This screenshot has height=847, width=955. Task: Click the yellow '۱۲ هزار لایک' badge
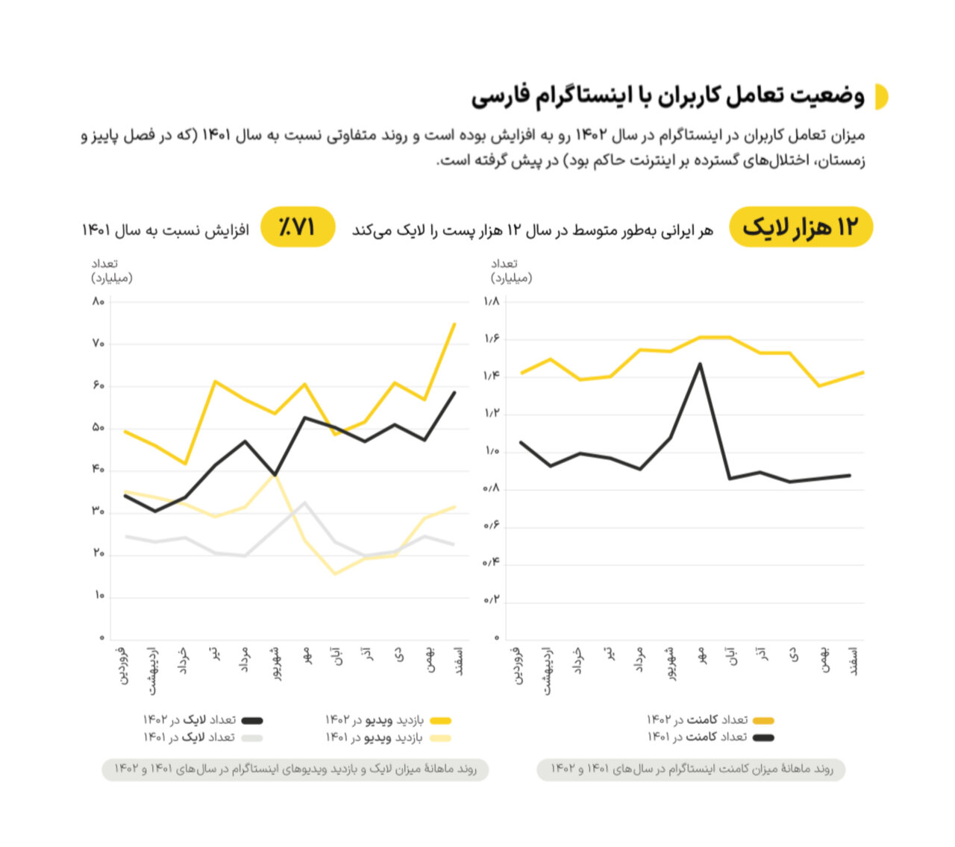pyautogui.click(x=800, y=227)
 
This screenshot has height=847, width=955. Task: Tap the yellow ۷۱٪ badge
pyautogui.click(x=297, y=227)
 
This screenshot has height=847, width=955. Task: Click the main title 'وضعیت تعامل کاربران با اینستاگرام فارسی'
pyautogui.click(x=668, y=96)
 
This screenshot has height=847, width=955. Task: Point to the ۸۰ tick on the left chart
pyautogui.click(x=98, y=301)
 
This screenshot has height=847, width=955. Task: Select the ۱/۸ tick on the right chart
pyautogui.click(x=492, y=301)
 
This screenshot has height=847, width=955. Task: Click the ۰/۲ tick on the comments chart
pyautogui.click(x=492, y=600)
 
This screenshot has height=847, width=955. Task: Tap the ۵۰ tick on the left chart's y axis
pyautogui.click(x=98, y=427)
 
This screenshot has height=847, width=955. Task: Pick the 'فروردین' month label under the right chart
pyautogui.click(x=519, y=665)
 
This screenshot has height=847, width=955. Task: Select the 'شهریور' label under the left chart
pyautogui.click(x=276, y=663)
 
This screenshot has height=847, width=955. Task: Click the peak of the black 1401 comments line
pyautogui.click(x=700, y=364)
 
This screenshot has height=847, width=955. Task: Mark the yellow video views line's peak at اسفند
pyautogui.click(x=454, y=324)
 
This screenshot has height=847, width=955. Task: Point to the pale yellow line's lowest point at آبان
pyautogui.click(x=335, y=573)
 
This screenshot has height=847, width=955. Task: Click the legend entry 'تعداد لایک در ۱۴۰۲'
pyautogui.click(x=202, y=720)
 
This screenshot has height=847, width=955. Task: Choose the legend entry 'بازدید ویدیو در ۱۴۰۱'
pyautogui.click(x=387, y=738)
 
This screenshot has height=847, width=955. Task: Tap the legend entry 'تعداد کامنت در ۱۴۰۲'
pyautogui.click(x=710, y=720)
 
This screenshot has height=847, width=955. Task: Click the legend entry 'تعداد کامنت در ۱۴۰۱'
pyautogui.click(x=710, y=737)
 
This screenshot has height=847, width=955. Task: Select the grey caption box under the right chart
pyautogui.click(x=691, y=769)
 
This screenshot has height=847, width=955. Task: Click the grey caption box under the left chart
pyautogui.click(x=295, y=769)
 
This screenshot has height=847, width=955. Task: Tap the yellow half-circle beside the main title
pyautogui.click(x=881, y=97)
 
